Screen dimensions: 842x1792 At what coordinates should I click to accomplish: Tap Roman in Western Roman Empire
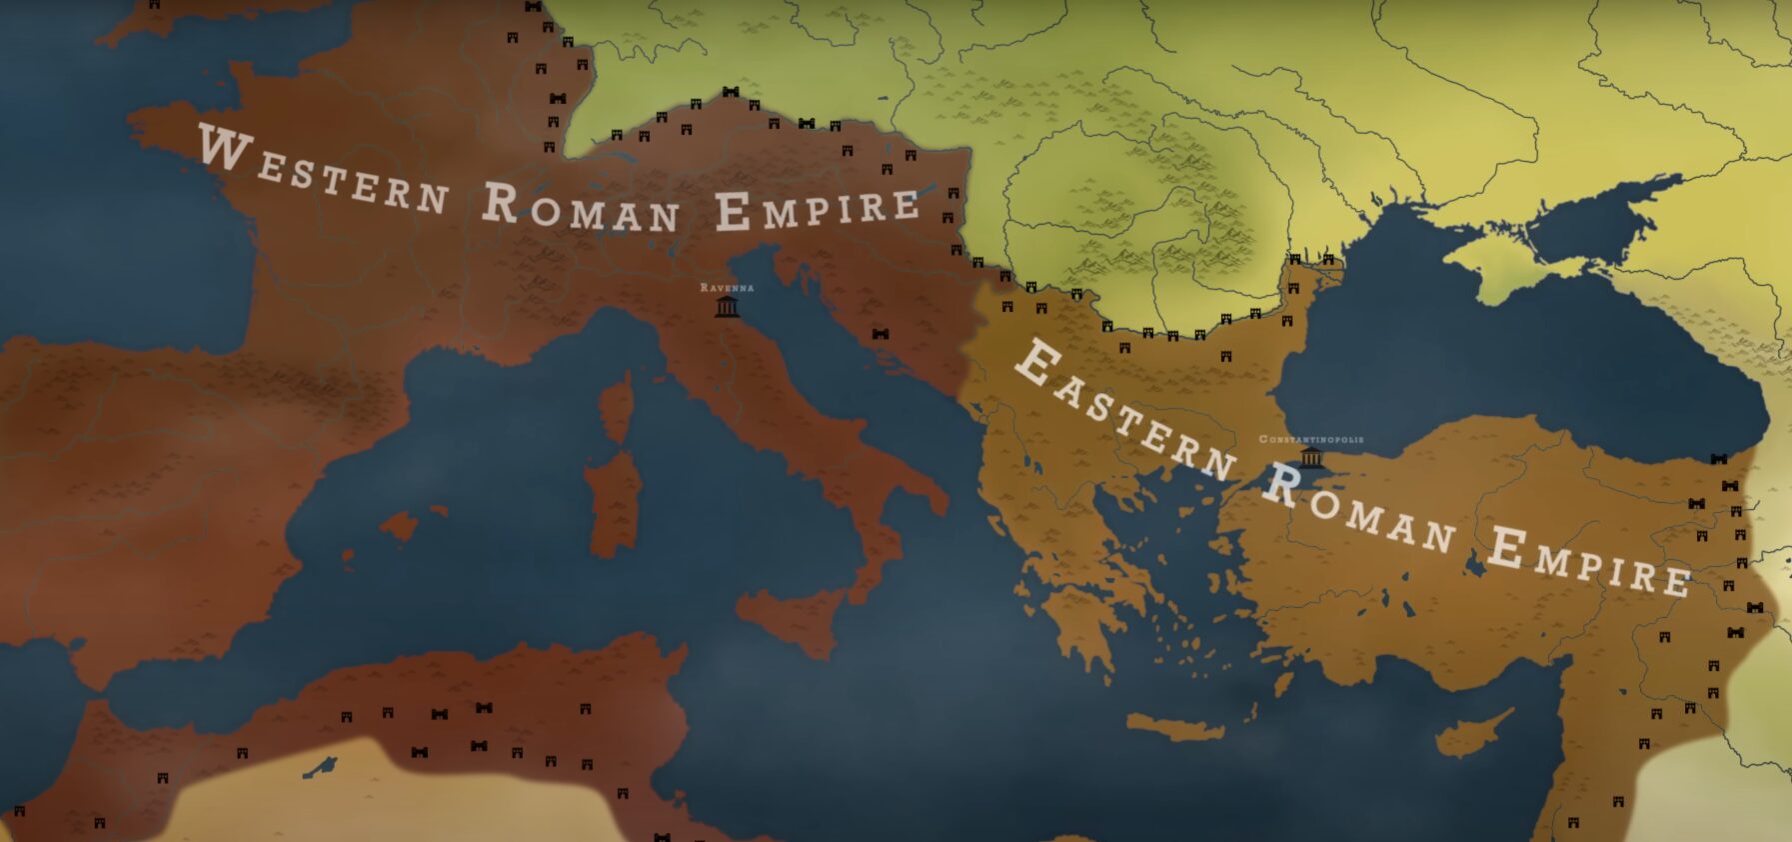click(581, 208)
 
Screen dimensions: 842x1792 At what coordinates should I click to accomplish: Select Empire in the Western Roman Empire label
click(818, 208)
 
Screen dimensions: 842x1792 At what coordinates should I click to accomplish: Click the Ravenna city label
click(727, 287)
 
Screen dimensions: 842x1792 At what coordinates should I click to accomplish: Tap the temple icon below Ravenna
click(727, 306)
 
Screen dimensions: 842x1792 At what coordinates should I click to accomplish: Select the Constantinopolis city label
click(1310, 439)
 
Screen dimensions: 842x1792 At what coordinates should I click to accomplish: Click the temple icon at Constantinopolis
click(1310, 458)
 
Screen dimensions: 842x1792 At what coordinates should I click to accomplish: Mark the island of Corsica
click(617, 405)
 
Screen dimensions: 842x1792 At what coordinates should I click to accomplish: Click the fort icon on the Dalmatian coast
click(881, 334)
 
